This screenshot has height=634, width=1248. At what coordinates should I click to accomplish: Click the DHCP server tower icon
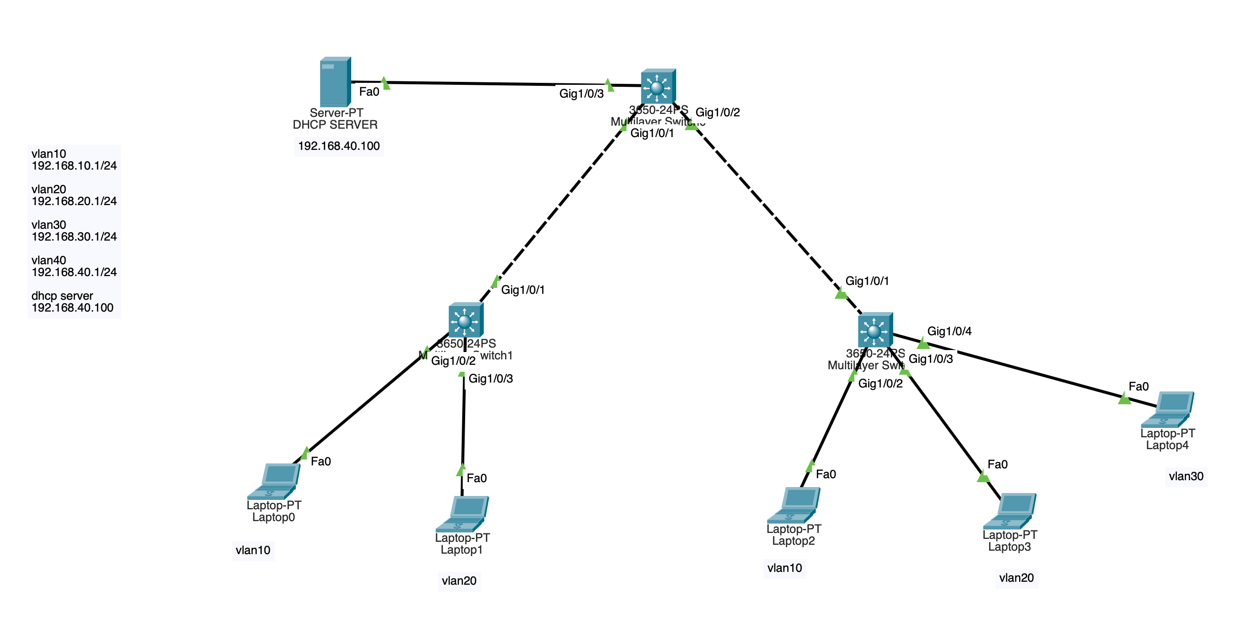click(335, 82)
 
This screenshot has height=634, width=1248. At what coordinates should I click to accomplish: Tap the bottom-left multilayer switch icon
click(466, 320)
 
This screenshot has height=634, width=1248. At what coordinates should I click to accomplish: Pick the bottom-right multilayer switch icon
click(875, 330)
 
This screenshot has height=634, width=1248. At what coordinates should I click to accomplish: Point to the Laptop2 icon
click(794, 505)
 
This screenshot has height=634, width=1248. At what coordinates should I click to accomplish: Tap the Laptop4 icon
click(1168, 409)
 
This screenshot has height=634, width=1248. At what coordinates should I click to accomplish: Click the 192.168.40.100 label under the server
click(339, 146)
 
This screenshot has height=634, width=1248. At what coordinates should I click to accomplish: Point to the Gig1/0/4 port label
click(949, 331)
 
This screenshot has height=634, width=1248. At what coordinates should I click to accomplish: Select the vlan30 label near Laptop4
click(1186, 476)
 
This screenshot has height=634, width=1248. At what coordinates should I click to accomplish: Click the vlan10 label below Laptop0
click(253, 550)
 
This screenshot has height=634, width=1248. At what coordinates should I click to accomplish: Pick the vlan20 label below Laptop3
click(1016, 578)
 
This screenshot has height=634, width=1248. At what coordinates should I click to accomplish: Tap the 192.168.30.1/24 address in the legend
click(74, 237)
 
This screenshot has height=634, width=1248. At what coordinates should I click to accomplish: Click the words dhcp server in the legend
click(62, 296)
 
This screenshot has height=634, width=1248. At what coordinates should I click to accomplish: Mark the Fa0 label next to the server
click(369, 92)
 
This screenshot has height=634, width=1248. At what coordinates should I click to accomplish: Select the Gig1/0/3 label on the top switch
click(581, 94)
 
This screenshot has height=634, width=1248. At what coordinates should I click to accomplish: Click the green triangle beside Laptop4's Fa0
click(1124, 398)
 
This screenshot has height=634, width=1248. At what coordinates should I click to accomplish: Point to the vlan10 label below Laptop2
click(784, 568)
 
